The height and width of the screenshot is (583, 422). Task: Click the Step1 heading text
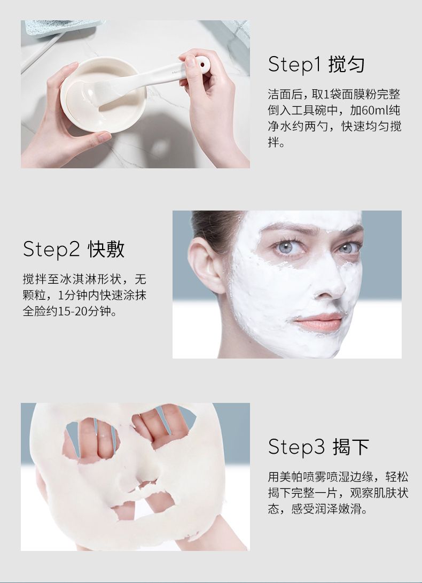click(x=316, y=64)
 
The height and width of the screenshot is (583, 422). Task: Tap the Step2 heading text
click(x=74, y=248)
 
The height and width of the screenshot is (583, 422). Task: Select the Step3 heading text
click(x=319, y=446)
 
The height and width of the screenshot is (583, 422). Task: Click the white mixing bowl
click(x=103, y=95)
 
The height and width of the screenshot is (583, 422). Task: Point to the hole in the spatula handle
click(x=203, y=64)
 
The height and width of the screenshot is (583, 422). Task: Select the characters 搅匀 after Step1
click(x=347, y=64)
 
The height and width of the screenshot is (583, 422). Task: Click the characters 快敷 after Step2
click(x=106, y=248)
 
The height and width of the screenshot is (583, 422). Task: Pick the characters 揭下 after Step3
click(x=351, y=447)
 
